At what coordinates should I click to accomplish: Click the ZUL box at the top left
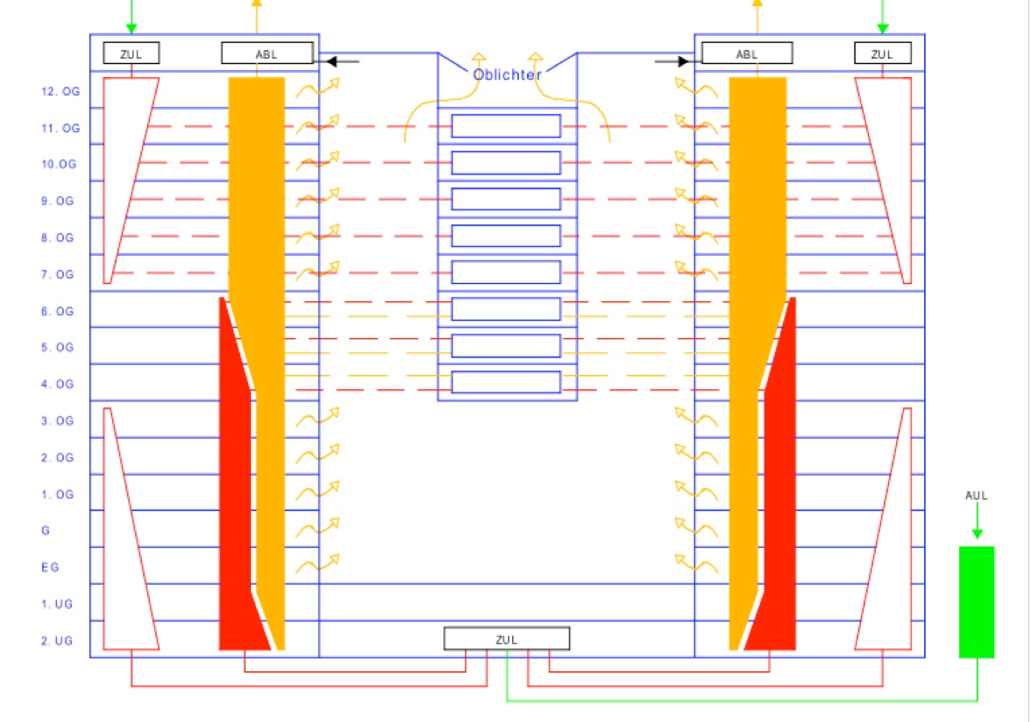tap(132, 53)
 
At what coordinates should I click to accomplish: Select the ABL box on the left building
tap(267, 53)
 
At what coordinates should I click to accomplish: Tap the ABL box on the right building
tap(747, 53)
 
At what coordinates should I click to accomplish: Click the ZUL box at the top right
tap(882, 53)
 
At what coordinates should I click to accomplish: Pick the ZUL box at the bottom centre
tap(507, 639)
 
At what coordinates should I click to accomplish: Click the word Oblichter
tap(507, 74)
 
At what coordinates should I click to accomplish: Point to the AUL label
tap(977, 495)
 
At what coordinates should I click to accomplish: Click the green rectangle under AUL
tap(977, 602)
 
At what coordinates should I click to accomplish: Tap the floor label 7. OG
tap(60, 275)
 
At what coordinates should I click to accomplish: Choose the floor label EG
tap(50, 568)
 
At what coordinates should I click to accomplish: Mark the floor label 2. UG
tap(57, 641)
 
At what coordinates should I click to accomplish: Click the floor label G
tap(46, 531)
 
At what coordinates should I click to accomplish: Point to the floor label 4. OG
tap(60, 384)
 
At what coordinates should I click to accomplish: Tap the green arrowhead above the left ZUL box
tap(132, 28)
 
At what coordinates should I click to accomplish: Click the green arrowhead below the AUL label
tap(977, 533)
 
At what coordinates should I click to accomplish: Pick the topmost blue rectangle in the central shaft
tap(506, 126)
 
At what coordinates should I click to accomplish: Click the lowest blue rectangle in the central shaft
tap(506, 382)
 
